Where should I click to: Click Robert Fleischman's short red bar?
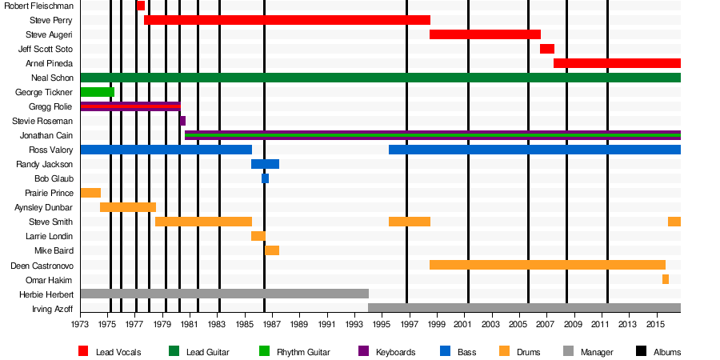[x=141, y=6]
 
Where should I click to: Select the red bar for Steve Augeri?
[x=485, y=34]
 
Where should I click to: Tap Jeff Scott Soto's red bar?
[x=546, y=49]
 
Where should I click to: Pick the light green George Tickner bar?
[x=97, y=92]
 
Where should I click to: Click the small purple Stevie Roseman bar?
[x=182, y=121]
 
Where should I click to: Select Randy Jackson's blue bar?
[x=265, y=164]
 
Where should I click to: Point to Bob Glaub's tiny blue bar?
[x=265, y=178]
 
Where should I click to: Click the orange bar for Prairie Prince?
[x=90, y=193]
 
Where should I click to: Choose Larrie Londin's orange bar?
[x=258, y=236]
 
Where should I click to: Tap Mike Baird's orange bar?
[x=272, y=250]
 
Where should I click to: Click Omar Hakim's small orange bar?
[x=665, y=279]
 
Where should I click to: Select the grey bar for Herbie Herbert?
[x=224, y=294]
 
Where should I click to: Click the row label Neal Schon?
[x=52, y=78]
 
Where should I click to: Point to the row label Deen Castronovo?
[x=42, y=266]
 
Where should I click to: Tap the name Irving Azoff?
[x=52, y=309]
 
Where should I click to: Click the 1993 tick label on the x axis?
[x=354, y=326]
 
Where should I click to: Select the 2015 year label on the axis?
[x=655, y=326]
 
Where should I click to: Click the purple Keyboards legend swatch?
[x=363, y=351]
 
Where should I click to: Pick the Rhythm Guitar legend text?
[x=306, y=352]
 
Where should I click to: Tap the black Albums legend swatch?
[x=642, y=351]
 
